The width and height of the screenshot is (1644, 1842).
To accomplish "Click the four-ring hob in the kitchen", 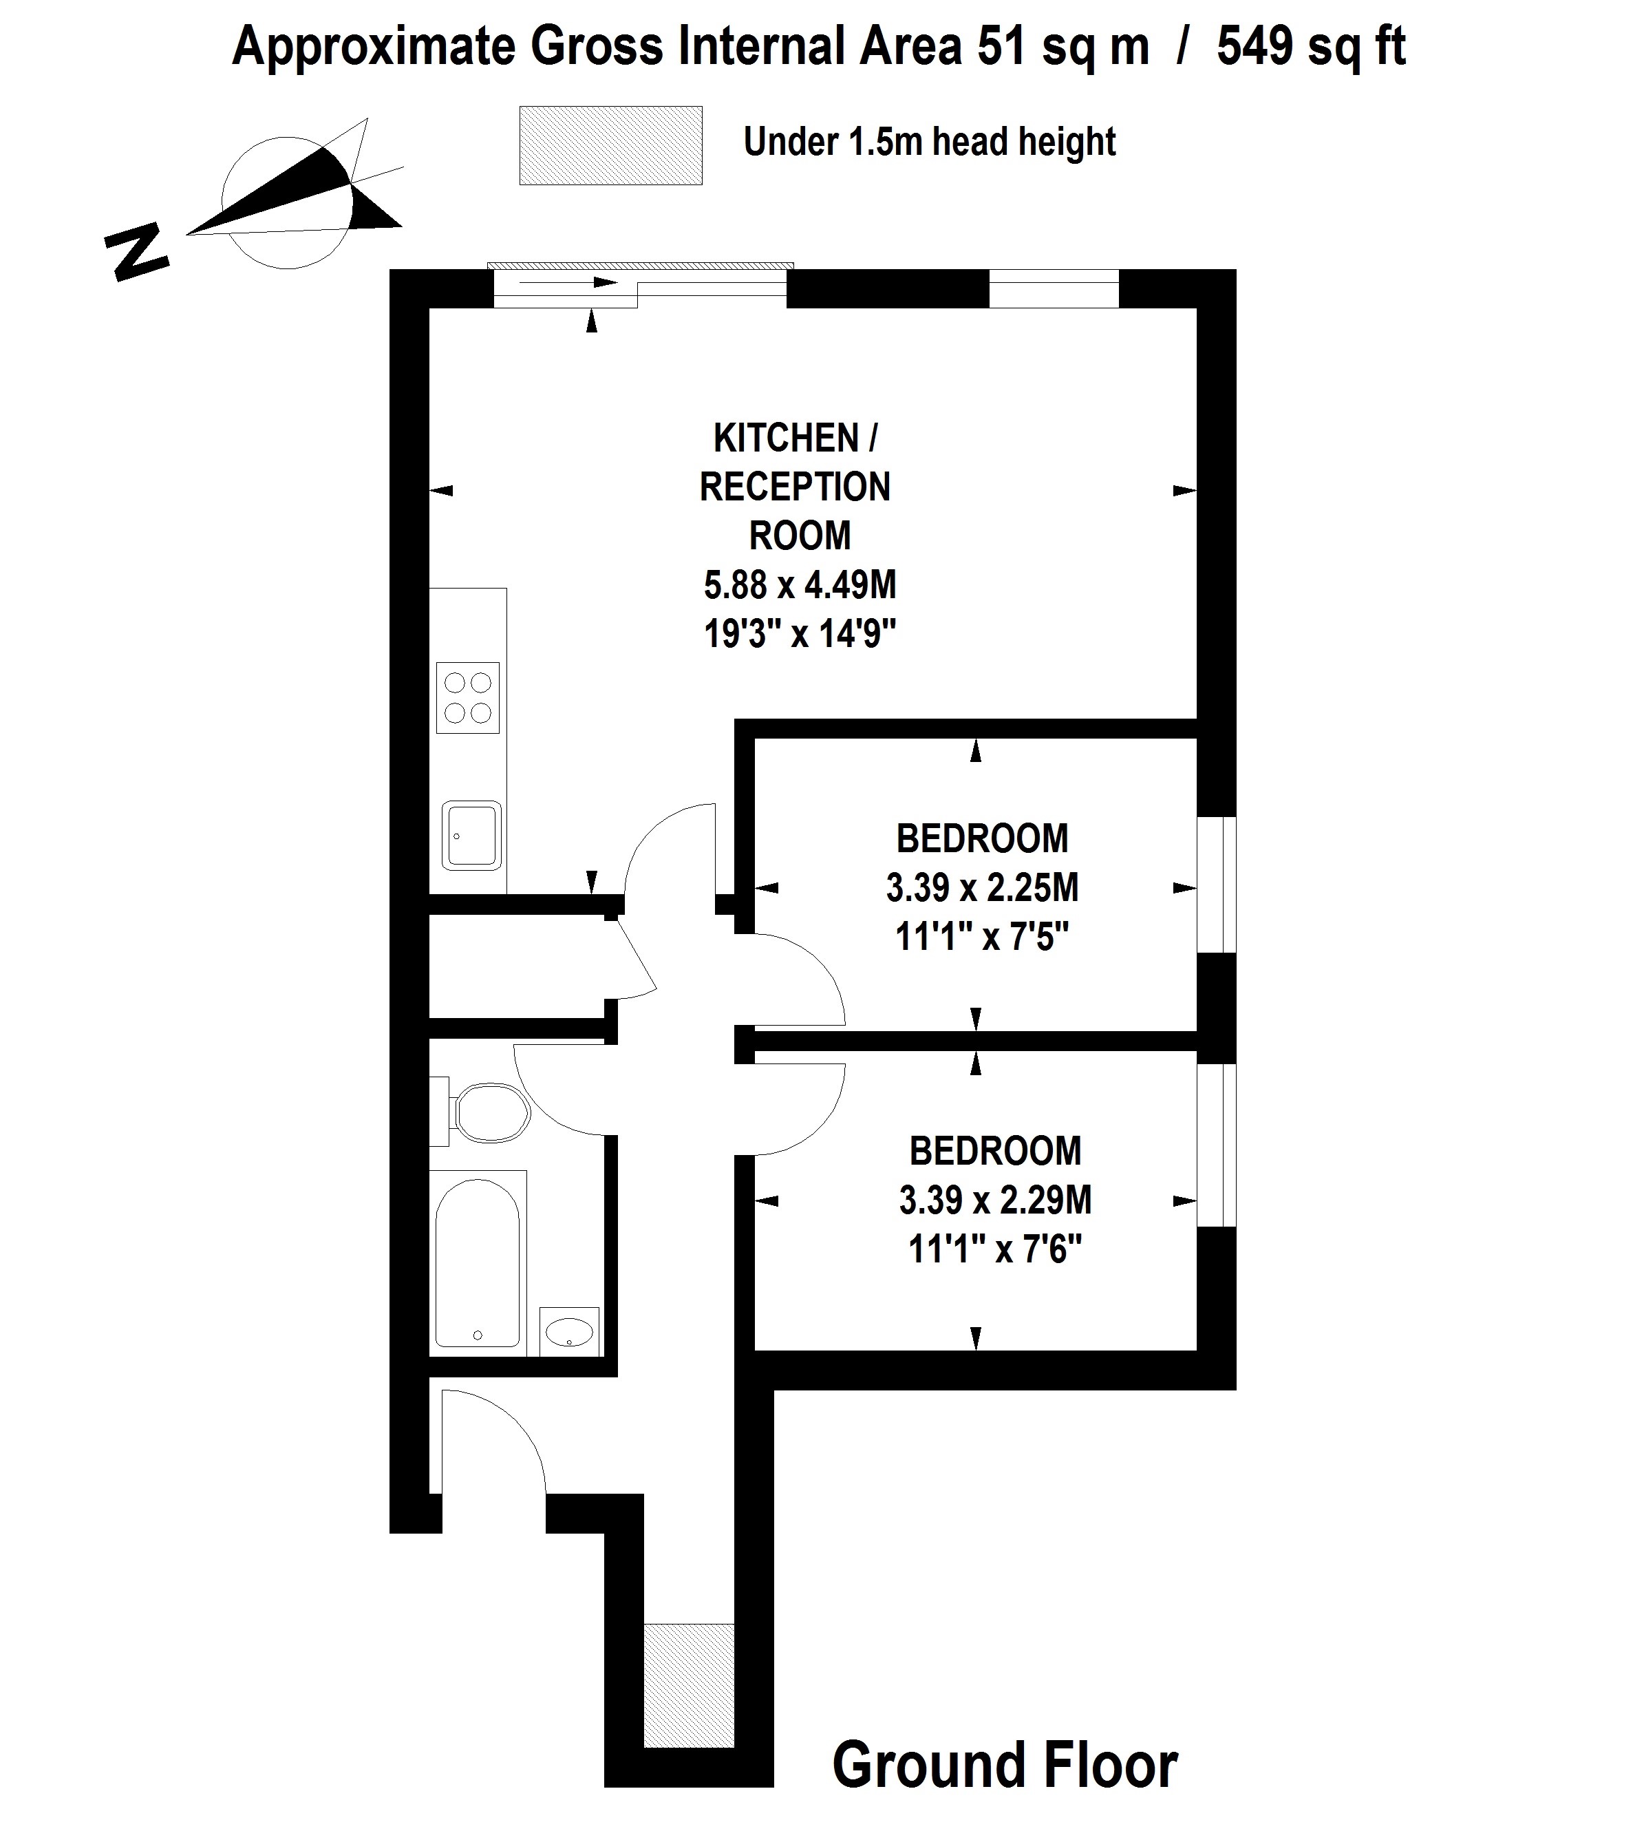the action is click(x=467, y=697).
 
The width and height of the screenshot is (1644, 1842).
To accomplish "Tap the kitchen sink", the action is click(x=471, y=836).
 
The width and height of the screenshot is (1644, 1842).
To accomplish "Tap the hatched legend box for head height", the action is click(x=610, y=145).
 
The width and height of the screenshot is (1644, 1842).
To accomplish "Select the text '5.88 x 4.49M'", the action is click(x=800, y=585).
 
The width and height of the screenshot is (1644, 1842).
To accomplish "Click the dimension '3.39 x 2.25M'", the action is click(x=982, y=888).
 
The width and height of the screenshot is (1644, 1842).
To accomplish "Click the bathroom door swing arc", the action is click(x=551, y=1107).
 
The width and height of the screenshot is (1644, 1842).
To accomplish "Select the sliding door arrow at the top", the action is click(x=568, y=282).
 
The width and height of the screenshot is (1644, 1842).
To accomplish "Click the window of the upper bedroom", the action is click(x=1216, y=885).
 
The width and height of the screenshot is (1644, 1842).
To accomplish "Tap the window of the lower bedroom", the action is click(x=1216, y=1145).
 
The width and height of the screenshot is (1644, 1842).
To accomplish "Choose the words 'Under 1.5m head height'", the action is click(x=930, y=142).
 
